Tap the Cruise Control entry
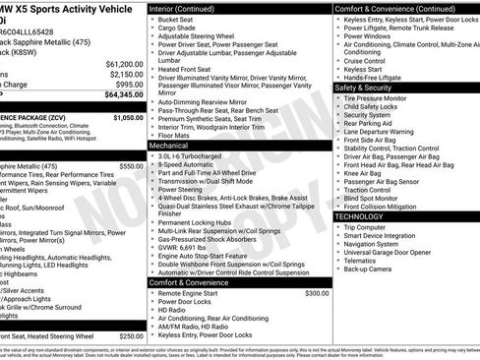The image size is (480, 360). (364, 60)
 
